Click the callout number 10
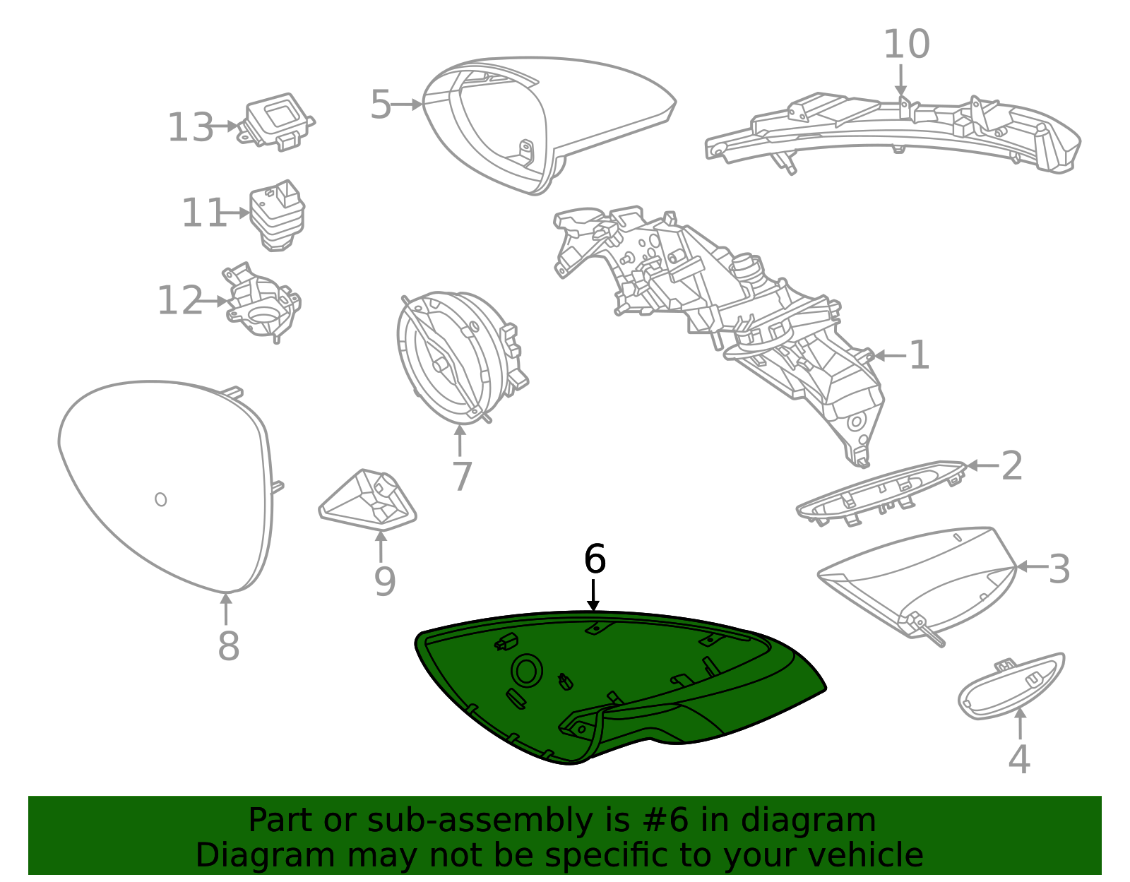tap(907, 44)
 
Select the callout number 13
tap(190, 127)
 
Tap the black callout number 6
tap(595, 559)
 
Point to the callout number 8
tap(228, 646)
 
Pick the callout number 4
tap(1019, 759)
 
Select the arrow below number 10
tap(901, 81)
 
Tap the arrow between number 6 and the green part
tap(593, 595)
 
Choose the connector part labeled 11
tap(277, 215)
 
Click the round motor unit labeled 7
tap(460, 357)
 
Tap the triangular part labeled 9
tap(368, 500)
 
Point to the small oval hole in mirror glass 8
tap(161, 499)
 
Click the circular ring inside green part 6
tap(527, 671)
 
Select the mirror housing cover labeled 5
tap(549, 125)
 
